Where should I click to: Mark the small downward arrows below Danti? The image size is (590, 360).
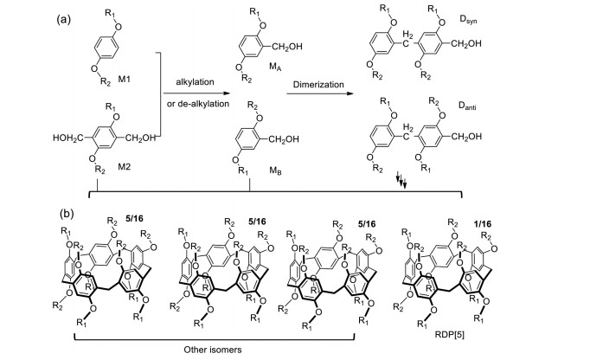click(401, 179)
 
